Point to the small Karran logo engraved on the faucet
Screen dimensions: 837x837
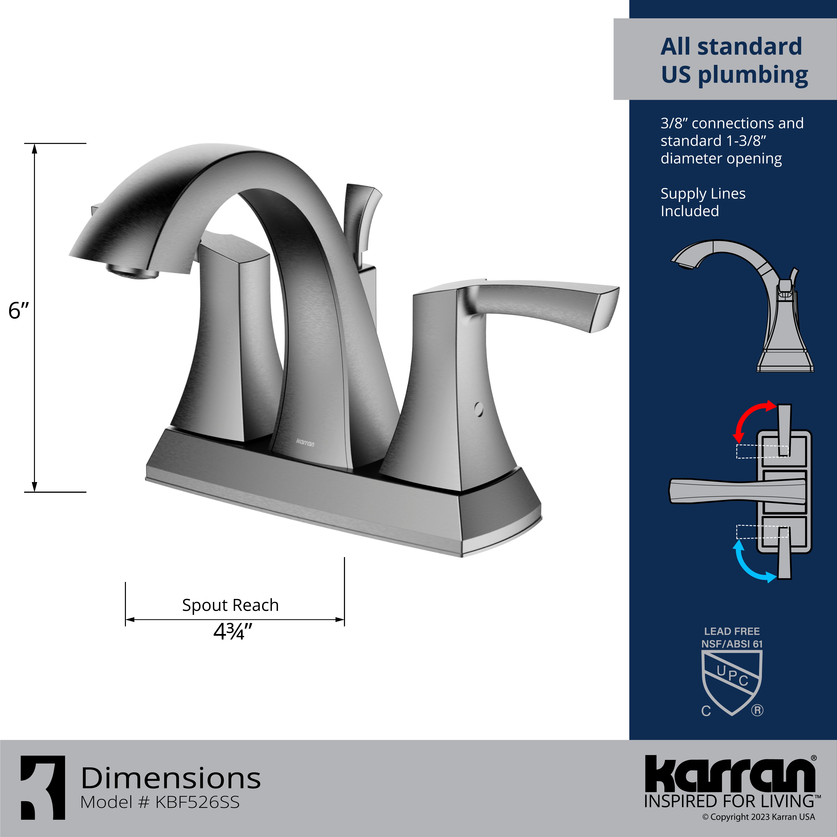pos(305,443)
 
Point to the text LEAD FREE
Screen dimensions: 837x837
pos(732,631)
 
